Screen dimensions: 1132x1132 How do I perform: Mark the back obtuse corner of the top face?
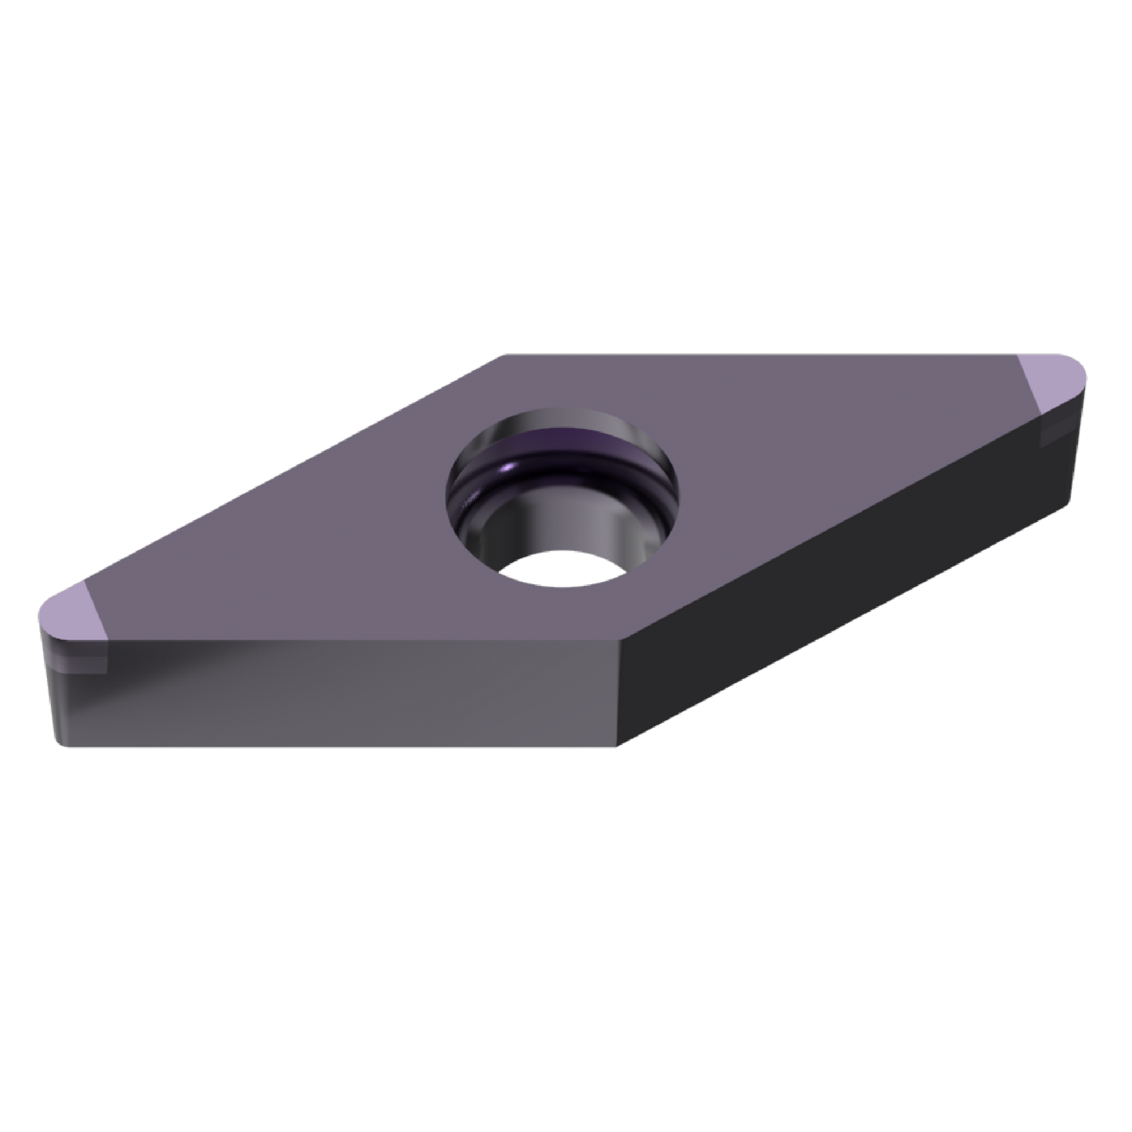point(501,354)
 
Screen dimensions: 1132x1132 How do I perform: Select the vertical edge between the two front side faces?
point(620,693)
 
